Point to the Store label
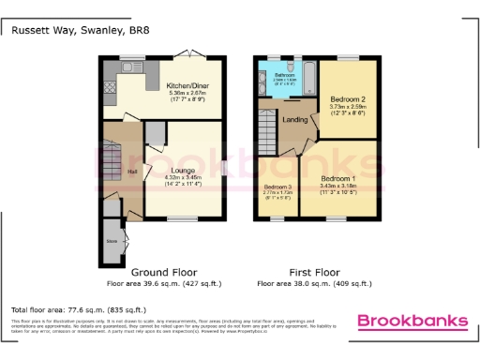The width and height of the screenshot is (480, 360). pos(112,240)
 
